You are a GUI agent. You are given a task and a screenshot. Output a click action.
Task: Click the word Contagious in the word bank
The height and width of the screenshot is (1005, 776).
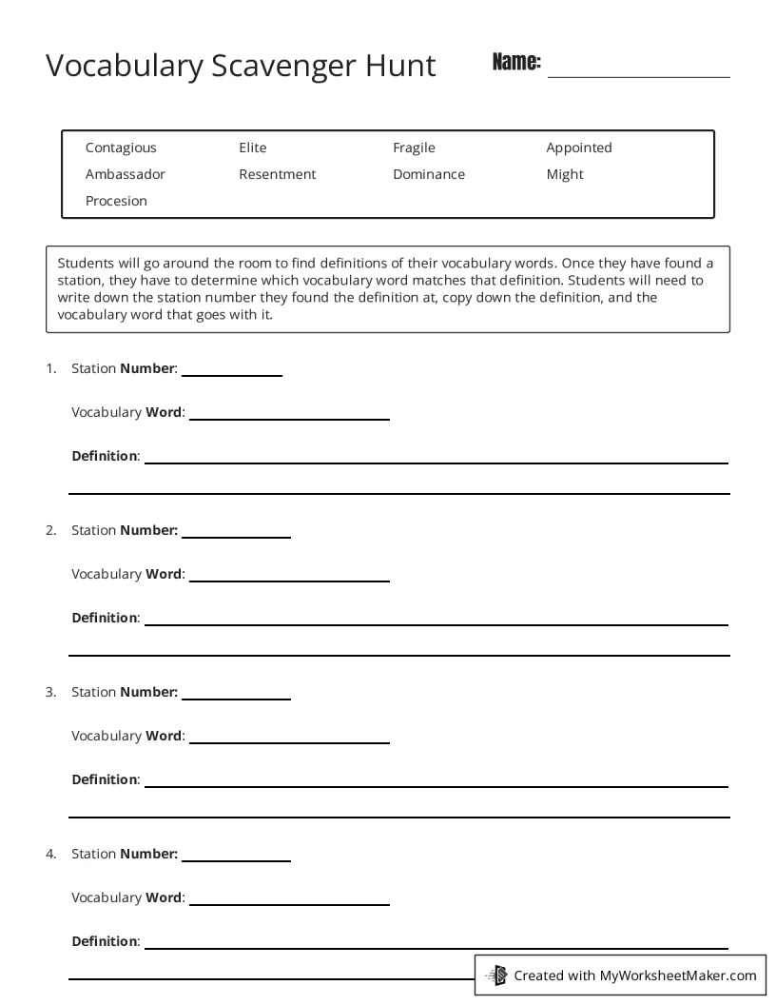coord(121,148)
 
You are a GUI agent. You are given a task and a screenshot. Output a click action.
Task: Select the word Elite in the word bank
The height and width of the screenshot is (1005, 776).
coord(253,148)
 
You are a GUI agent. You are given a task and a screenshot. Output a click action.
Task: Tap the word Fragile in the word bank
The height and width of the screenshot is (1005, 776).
coord(414,148)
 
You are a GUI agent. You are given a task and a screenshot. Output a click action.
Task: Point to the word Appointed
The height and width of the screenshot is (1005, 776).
coord(578,148)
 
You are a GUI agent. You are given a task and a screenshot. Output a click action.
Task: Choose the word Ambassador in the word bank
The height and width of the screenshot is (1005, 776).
coord(125,174)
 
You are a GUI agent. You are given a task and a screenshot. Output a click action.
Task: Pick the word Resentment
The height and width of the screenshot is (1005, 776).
coord(277,174)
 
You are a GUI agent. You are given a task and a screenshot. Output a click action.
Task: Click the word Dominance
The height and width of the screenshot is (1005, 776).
coord(429,174)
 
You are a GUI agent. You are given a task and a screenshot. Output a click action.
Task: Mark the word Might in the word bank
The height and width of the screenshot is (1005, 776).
coord(565,174)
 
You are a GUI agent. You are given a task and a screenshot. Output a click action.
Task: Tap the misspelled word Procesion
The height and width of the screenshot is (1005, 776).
coord(116,201)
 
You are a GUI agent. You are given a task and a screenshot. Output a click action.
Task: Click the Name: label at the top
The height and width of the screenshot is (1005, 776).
coord(516,63)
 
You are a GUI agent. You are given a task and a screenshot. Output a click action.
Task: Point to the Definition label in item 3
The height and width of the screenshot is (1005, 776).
coord(105,779)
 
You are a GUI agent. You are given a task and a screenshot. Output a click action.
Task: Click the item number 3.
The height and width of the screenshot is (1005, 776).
coord(50,692)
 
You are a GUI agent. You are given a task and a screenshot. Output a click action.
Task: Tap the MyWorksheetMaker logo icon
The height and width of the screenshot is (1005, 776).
coord(496,975)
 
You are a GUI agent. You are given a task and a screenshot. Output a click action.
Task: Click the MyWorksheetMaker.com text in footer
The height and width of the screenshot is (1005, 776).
coord(678,975)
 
